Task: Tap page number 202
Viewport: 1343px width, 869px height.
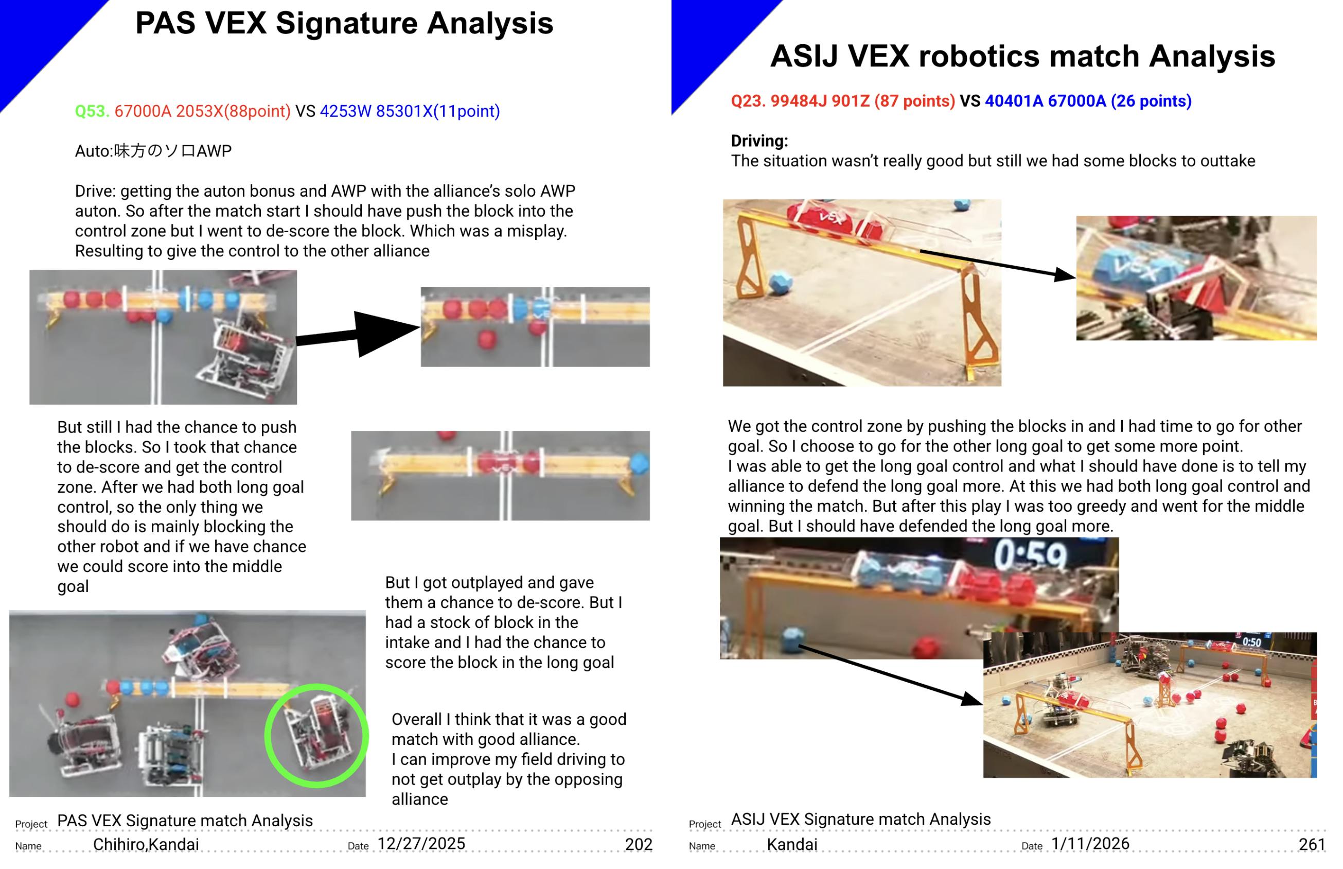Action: [x=639, y=844]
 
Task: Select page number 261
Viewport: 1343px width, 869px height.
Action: [x=1312, y=844]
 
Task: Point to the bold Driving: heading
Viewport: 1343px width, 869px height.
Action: [x=759, y=141]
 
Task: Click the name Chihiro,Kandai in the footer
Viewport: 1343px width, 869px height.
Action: [x=146, y=844]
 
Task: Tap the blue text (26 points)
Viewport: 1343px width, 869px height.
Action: [x=1151, y=101]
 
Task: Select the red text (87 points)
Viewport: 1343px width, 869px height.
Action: [x=914, y=101]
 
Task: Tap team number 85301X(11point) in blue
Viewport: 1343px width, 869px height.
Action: [x=438, y=111]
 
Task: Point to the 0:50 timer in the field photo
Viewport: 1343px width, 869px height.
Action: [x=1251, y=641]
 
